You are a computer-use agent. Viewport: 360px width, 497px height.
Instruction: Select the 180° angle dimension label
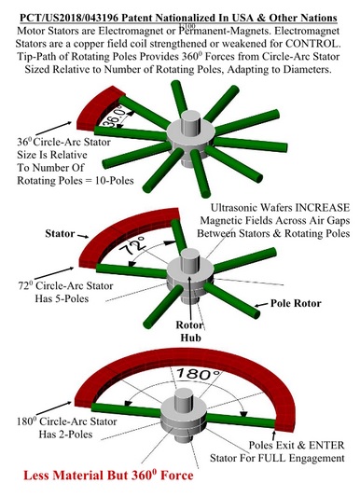(198, 374)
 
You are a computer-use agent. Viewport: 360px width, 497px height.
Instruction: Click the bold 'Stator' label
(60, 234)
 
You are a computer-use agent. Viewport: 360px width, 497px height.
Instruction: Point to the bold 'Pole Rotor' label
(296, 303)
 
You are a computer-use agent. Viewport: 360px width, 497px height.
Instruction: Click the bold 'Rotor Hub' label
(190, 331)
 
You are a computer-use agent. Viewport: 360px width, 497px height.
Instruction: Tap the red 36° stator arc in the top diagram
(98, 106)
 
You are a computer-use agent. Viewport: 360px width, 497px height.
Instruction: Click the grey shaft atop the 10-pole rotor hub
(191, 119)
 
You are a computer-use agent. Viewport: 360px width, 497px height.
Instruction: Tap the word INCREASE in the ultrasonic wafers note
(323, 208)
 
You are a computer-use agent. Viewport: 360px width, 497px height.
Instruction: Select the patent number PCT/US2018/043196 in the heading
(69, 18)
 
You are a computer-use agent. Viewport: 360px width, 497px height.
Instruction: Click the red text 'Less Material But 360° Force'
(108, 476)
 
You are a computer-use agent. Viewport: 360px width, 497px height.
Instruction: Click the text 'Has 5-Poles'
(62, 298)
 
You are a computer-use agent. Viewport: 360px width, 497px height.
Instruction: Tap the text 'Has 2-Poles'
(65, 434)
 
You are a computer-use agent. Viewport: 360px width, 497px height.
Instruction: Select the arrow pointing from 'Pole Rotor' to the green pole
(261, 305)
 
